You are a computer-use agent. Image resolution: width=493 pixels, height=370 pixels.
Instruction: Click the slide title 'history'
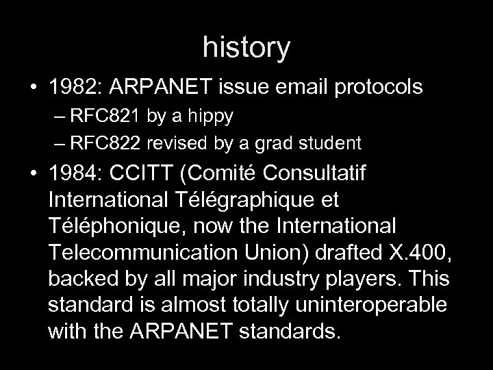point(246,47)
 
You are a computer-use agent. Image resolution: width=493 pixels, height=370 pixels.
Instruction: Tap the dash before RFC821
point(58,116)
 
